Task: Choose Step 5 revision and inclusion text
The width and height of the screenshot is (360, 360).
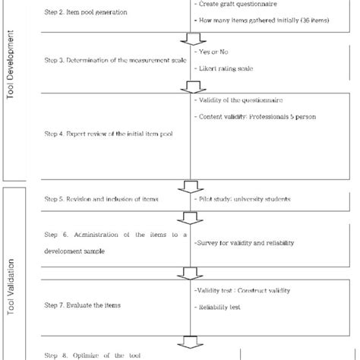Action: [x=102, y=199]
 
